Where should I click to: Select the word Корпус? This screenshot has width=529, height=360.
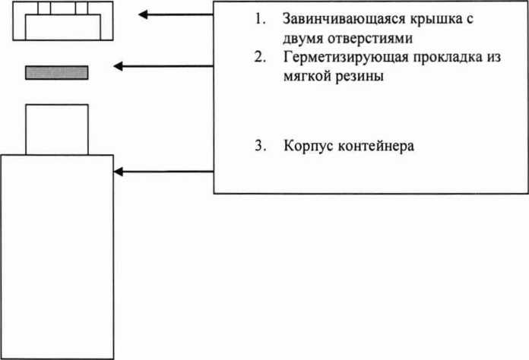tap(308, 146)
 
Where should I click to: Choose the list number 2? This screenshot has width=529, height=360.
tap(260, 57)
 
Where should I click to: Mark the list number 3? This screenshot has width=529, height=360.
tap(260, 146)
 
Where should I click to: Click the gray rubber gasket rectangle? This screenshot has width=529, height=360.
tap(57, 73)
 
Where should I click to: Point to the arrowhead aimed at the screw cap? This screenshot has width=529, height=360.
tap(143, 14)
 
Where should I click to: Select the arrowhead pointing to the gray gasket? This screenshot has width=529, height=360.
tap(118, 66)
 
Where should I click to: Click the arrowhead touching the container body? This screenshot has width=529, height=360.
tap(118, 172)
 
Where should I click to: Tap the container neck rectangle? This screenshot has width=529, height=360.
tap(57, 129)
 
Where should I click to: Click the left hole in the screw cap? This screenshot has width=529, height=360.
tap(44, 8)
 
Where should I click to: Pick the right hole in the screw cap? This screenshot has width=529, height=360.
tap(81, 8)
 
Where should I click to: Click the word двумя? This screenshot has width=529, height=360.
tap(303, 39)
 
